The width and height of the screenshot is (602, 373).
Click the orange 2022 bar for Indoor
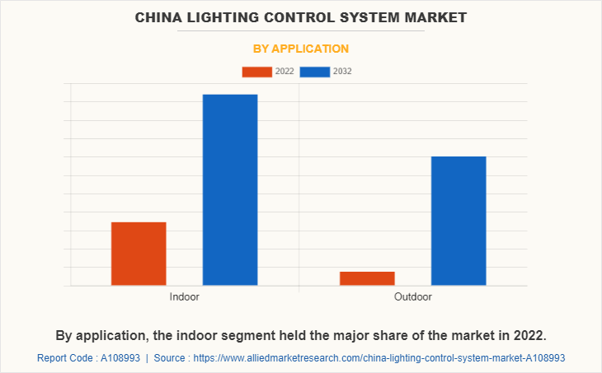[139, 254]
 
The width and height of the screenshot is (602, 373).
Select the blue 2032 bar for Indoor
[230, 189]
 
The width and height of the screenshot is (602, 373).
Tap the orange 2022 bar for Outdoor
[367, 278]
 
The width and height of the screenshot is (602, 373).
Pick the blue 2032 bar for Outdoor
[459, 221]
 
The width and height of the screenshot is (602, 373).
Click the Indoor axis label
[184, 296]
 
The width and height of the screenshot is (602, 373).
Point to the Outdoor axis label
[412, 296]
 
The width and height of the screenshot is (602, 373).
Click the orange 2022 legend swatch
[256, 72]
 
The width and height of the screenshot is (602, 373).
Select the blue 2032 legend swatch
[315, 72]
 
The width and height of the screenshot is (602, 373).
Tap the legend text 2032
[342, 72]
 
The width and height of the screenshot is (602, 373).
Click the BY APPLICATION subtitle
[300, 49]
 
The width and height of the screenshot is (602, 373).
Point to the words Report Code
[66, 358]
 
